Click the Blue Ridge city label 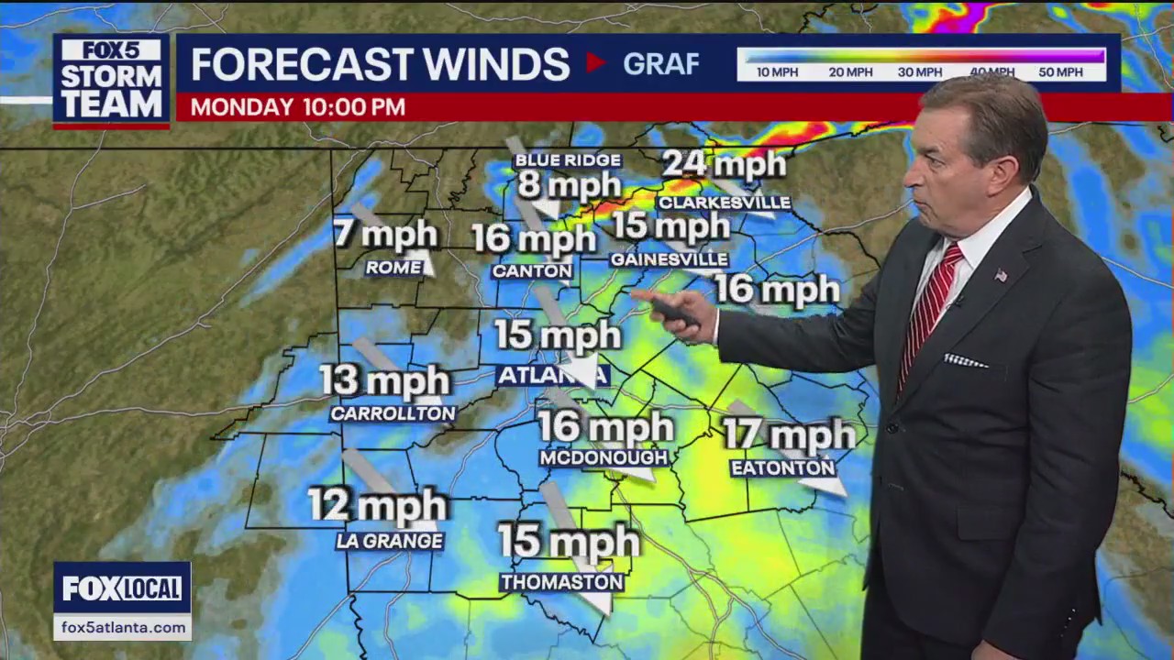[568, 160]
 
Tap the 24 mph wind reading [724, 164]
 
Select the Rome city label [394, 268]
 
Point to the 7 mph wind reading [385, 234]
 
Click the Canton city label [532, 271]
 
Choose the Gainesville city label [670, 259]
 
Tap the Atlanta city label [552, 375]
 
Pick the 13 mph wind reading [385, 380]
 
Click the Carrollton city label [393, 413]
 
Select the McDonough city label [604, 456]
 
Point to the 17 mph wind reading [789, 434]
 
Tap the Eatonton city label [783, 467]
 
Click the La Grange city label [390, 541]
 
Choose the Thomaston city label [562, 582]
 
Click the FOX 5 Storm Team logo [111, 80]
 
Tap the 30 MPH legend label [919, 72]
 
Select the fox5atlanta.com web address [122, 628]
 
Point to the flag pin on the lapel [1001, 275]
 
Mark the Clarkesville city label [724, 203]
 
